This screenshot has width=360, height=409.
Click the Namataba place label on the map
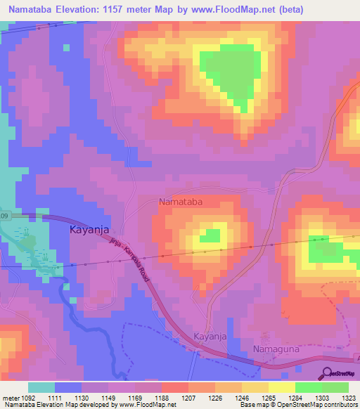click(x=181, y=202)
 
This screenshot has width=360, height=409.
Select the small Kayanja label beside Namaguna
click(x=210, y=337)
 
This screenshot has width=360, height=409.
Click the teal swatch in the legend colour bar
click(x=41, y=387)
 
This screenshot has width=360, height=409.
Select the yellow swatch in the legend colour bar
click(x=282, y=387)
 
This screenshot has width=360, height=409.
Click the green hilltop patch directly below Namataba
click(x=209, y=236)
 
